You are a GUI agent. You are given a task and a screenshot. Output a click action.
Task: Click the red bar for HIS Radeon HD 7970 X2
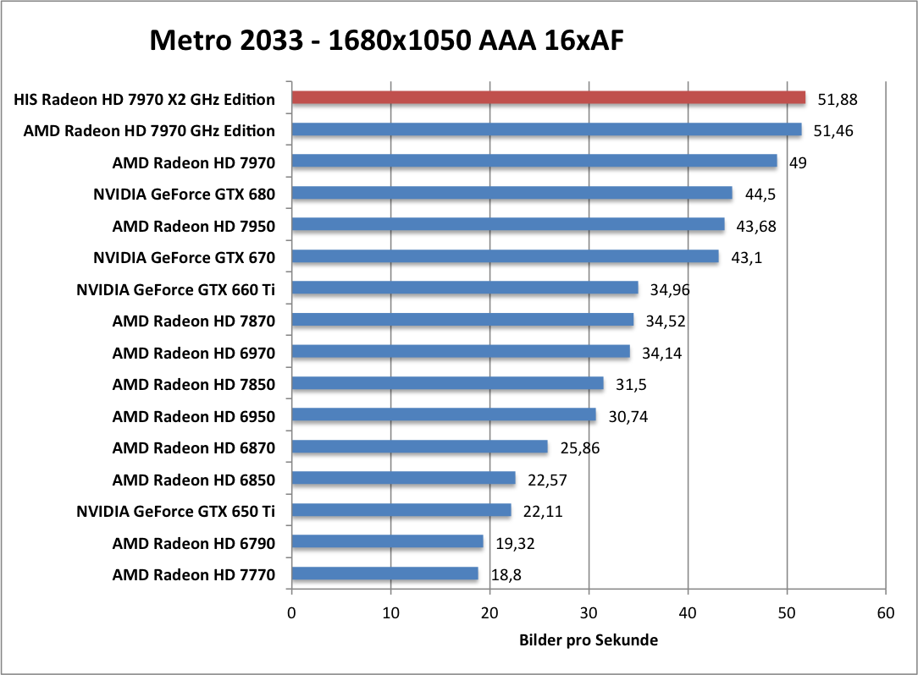tap(548, 98)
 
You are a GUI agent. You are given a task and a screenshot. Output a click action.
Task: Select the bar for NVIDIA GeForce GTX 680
tap(512, 194)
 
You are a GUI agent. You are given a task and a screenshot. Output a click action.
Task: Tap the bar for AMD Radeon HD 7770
tap(384, 574)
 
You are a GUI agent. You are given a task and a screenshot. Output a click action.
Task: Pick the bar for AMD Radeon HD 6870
tap(419, 447)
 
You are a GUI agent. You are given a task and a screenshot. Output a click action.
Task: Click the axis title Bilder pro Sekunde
tap(588, 640)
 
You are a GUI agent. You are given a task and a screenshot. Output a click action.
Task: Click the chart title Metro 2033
tap(387, 40)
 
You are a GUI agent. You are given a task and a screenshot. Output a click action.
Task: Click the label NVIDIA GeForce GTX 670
tap(184, 257)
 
